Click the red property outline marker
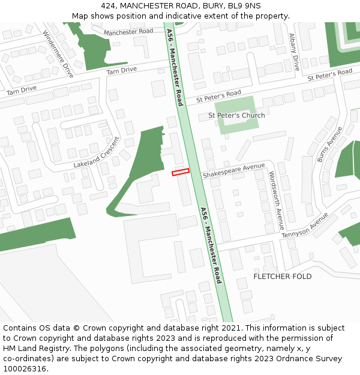[181, 172]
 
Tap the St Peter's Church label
[236, 115]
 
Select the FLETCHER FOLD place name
[282, 276]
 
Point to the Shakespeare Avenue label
[233, 170]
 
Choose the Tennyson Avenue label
[305, 225]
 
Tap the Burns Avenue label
[329, 144]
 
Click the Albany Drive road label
[294, 52]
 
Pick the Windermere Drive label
[58, 54]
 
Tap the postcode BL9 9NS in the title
[244, 6]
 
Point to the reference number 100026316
[24, 368]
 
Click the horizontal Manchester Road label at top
[128, 31]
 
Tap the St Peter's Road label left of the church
[218, 95]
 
